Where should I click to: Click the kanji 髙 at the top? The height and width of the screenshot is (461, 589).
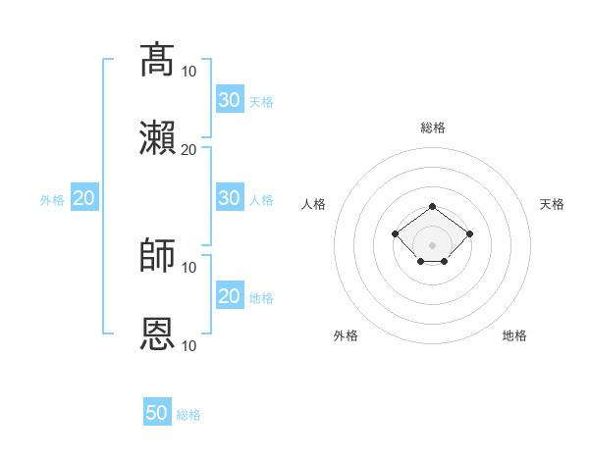(157, 59)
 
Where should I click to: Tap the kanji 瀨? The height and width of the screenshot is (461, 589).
(157, 137)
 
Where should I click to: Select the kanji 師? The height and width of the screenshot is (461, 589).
(157, 255)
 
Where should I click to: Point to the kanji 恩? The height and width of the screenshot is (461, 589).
(157, 333)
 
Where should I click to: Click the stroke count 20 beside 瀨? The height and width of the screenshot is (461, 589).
(188, 150)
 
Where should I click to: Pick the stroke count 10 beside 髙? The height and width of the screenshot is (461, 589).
(188, 72)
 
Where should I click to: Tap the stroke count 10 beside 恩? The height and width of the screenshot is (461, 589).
(188, 345)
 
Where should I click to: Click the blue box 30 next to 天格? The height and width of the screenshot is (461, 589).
(230, 99)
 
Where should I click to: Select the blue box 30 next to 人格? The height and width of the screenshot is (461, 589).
(230, 197)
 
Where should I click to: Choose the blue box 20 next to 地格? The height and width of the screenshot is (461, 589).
(230, 294)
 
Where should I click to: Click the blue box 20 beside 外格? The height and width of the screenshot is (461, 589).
(84, 197)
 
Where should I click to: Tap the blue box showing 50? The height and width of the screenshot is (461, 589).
(157, 411)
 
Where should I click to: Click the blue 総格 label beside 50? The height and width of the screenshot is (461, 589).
(188, 415)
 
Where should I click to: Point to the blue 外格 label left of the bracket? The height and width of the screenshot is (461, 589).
(52, 200)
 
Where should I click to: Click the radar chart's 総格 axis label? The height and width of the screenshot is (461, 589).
(433, 128)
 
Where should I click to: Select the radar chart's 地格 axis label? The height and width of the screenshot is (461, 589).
(514, 335)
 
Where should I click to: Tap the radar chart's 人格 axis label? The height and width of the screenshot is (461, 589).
(313, 204)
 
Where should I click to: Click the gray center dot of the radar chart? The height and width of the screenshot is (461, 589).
(432, 245)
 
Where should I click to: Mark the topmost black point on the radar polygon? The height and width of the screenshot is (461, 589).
(432, 207)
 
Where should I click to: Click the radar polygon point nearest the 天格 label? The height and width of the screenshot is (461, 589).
(469, 233)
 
